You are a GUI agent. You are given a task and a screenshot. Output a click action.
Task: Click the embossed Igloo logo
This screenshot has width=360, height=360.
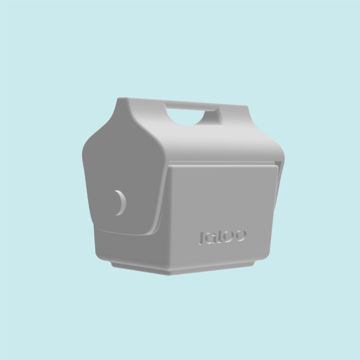pos(223,236)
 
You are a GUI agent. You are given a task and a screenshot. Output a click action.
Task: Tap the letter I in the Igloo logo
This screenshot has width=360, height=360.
pos(201,238)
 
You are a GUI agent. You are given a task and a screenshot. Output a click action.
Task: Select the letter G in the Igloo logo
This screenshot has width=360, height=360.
pos(209,237)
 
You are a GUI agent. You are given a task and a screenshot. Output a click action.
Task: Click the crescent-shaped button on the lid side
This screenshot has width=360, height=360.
pos(120,202)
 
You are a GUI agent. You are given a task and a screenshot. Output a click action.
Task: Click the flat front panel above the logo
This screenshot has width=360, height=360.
pos(222,195)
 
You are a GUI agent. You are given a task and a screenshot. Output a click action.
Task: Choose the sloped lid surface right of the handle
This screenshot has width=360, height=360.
pos(245,131)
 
